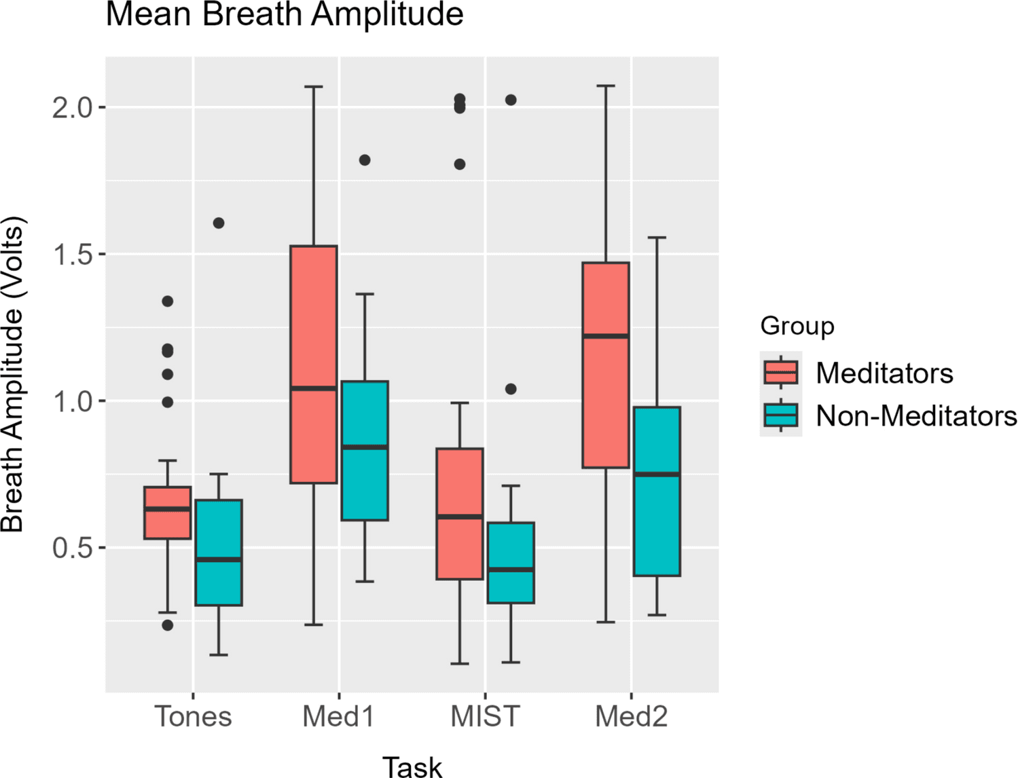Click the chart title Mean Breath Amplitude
coord(285,15)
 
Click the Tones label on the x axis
coord(194,716)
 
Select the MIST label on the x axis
coord(485,716)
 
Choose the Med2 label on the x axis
coord(631,716)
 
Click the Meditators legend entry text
coord(884,373)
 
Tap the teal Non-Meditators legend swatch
coord(781,415)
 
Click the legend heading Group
coord(797,326)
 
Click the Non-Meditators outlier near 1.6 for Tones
coord(219,223)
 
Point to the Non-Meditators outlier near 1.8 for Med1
coord(365,160)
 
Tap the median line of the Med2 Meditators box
coord(606,336)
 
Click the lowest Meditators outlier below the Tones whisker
coord(168,625)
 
